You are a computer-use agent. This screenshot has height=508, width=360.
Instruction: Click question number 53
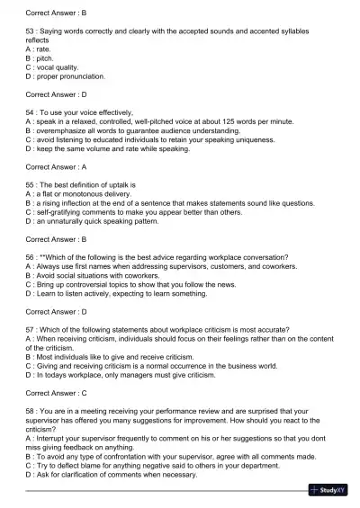pos(31,31)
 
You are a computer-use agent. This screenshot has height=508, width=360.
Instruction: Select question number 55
pos(31,184)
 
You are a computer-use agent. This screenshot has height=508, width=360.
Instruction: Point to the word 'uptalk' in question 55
pos(110,184)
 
